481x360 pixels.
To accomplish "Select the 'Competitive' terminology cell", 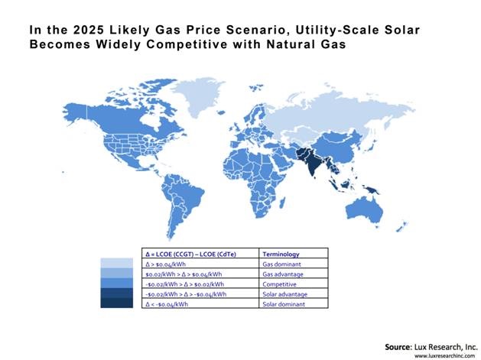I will [278, 283].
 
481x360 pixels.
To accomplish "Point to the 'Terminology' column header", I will [281, 253].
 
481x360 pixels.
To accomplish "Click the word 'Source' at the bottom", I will [399, 346].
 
